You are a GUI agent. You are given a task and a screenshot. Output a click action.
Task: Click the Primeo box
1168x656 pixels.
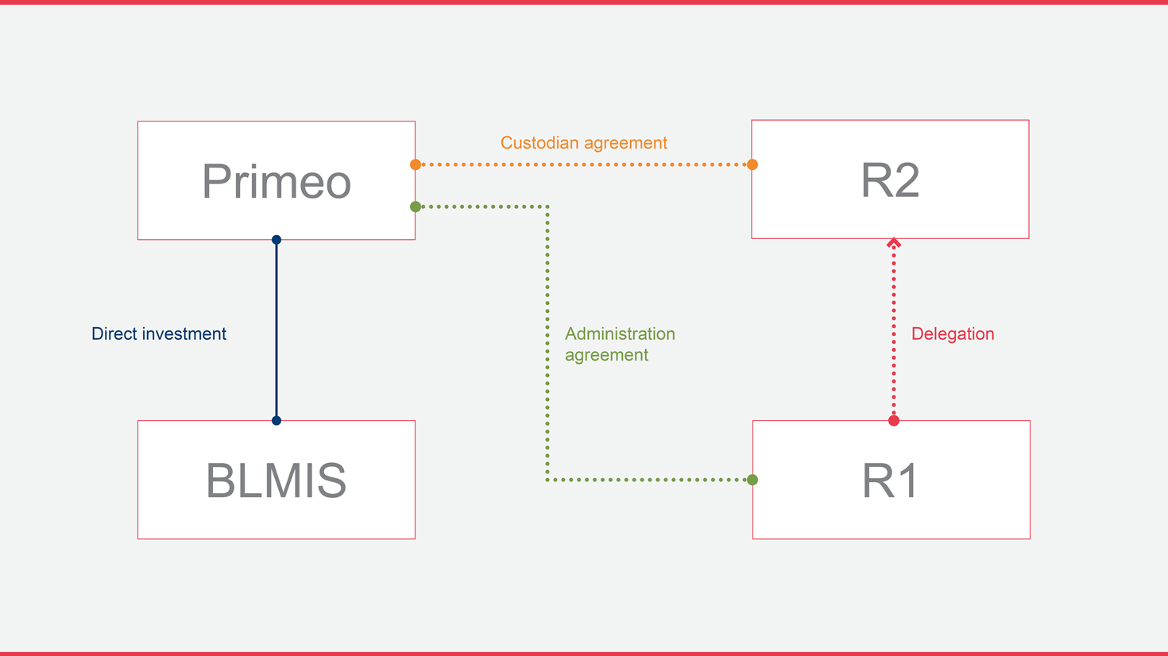pyautogui.click(x=277, y=180)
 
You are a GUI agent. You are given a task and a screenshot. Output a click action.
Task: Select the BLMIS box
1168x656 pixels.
pyautogui.click(x=277, y=480)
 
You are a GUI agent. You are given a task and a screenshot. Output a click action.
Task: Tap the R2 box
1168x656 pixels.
pyautogui.click(x=890, y=179)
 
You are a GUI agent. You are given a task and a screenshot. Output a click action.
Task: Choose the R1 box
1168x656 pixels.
pyautogui.click(x=891, y=480)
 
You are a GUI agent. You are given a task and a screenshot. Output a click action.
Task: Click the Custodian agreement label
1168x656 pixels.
pyautogui.click(x=583, y=143)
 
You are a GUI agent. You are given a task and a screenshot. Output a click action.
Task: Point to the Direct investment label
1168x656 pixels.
pyautogui.click(x=159, y=334)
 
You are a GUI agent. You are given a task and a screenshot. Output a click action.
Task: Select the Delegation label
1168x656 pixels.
pyautogui.click(x=952, y=334)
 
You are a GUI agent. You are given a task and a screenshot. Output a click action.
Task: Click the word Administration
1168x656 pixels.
pyautogui.click(x=620, y=334)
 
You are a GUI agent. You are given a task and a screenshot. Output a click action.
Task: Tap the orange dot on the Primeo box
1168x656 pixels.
pyautogui.click(x=416, y=164)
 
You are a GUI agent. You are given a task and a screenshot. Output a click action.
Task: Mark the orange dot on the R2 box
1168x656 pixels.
pyautogui.click(x=752, y=164)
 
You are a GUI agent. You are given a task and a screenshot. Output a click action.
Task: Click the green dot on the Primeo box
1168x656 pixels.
pyautogui.click(x=416, y=206)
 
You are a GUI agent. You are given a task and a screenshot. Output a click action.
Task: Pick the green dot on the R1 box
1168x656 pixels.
pyautogui.click(x=752, y=480)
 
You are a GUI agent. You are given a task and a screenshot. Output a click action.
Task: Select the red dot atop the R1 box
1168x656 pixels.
pyautogui.click(x=894, y=420)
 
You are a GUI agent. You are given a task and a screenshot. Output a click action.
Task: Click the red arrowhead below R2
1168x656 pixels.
pyautogui.click(x=894, y=243)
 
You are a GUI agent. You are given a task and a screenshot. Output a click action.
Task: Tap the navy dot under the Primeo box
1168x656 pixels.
pyautogui.click(x=277, y=240)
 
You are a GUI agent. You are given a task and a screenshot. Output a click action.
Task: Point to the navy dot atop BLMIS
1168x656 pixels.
pyautogui.click(x=277, y=420)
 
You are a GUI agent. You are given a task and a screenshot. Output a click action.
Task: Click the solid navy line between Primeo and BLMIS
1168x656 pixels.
pyautogui.click(x=277, y=330)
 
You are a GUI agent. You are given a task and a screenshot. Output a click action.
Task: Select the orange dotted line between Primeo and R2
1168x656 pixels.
pyautogui.click(x=584, y=164)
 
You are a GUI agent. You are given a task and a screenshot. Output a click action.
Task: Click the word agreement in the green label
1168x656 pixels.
pyautogui.click(x=606, y=355)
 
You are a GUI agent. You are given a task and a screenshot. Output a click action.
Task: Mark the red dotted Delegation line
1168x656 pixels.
pyautogui.click(x=894, y=334)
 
